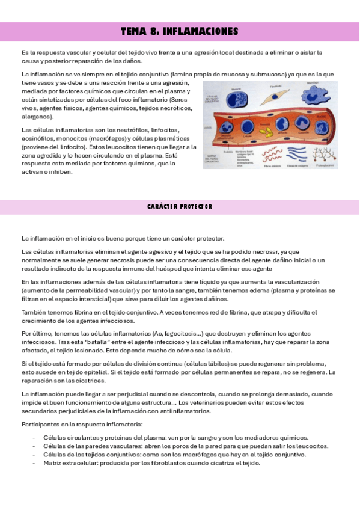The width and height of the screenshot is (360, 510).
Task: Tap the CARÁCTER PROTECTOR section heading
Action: pyautogui.click(x=180, y=207)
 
